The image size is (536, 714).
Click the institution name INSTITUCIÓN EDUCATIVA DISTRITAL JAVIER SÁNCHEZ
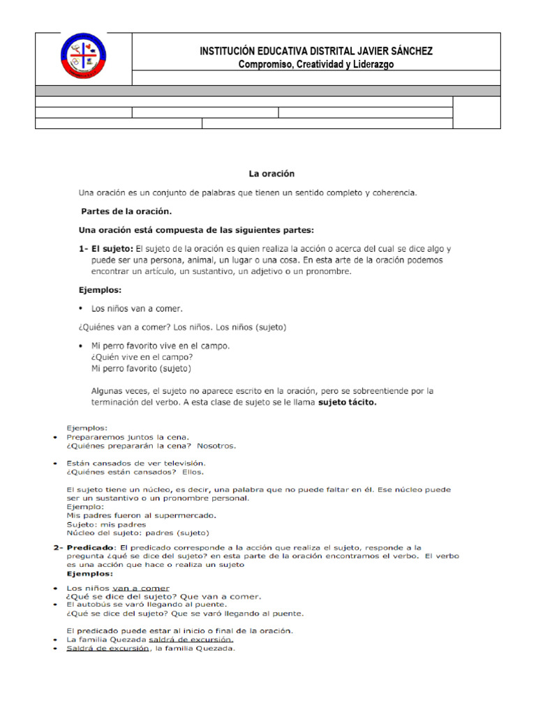coord(316,51)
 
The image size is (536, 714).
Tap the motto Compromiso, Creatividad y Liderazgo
coord(316,64)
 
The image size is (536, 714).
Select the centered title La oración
coord(272,174)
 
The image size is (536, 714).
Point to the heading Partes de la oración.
coord(126,211)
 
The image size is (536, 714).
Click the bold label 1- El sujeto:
coord(106,248)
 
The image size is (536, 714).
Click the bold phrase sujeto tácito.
coord(348,402)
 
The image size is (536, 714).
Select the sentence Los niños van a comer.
coord(137,308)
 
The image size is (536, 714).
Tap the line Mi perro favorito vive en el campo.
coord(161,346)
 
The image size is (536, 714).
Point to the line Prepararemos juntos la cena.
coord(128,437)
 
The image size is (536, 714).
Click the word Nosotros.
coord(216,446)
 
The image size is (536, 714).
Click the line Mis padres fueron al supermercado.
coord(141,515)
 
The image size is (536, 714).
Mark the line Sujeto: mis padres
coord(106,524)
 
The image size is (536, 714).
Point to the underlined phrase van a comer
coord(141,588)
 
